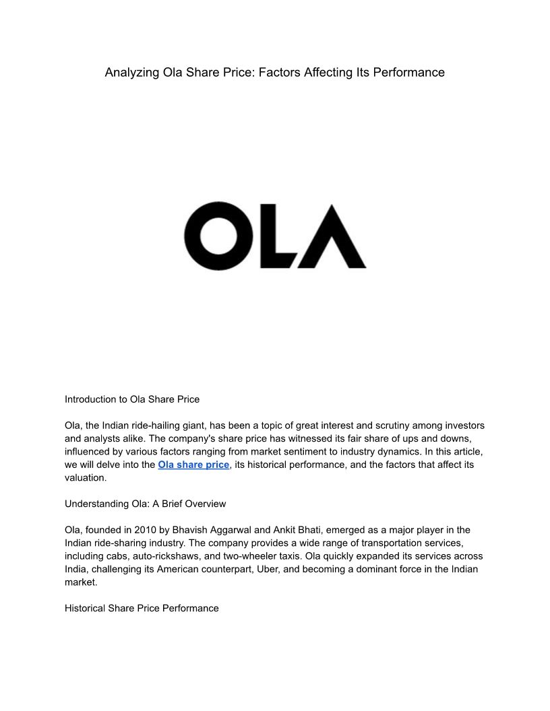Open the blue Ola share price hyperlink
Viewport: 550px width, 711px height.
[193, 465]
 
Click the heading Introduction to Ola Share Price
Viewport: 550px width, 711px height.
[132, 399]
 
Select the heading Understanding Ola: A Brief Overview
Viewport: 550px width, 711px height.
[145, 504]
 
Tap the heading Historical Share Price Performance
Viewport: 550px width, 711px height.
[142, 608]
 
